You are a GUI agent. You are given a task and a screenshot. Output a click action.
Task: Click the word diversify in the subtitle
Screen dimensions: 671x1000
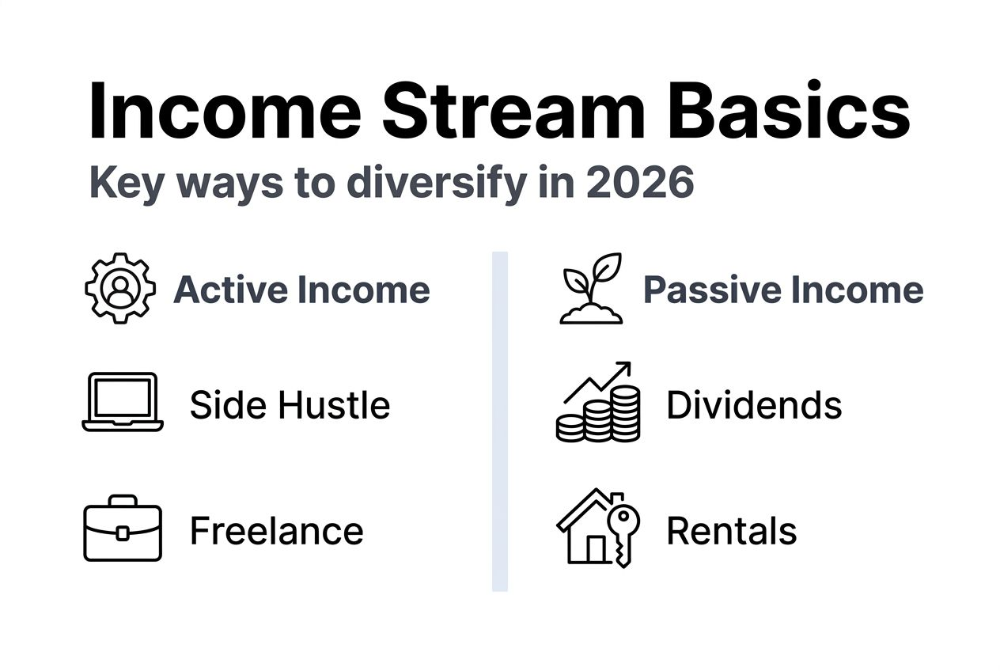point(436,183)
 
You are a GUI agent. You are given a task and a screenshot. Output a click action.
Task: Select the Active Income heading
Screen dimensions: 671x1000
point(301,290)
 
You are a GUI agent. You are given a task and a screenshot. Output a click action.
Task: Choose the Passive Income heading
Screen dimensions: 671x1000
point(782,290)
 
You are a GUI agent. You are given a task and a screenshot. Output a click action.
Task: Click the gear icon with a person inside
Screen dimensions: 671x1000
point(120,288)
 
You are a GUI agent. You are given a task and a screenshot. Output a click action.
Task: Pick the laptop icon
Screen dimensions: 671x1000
point(123,402)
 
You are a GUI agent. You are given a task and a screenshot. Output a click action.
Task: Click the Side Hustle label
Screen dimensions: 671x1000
point(290,405)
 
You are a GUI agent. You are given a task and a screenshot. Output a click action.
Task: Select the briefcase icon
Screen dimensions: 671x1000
point(123,529)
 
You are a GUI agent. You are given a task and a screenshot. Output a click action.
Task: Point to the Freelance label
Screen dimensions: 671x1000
point(276,530)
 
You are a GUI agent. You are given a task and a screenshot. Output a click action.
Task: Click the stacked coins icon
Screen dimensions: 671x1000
point(598,415)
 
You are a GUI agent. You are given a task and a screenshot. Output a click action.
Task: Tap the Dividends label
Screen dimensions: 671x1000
point(753,405)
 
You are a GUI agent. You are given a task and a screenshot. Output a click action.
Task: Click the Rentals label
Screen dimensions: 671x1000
point(731,530)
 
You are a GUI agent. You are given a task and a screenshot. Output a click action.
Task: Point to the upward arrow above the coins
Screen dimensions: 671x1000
point(601,380)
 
